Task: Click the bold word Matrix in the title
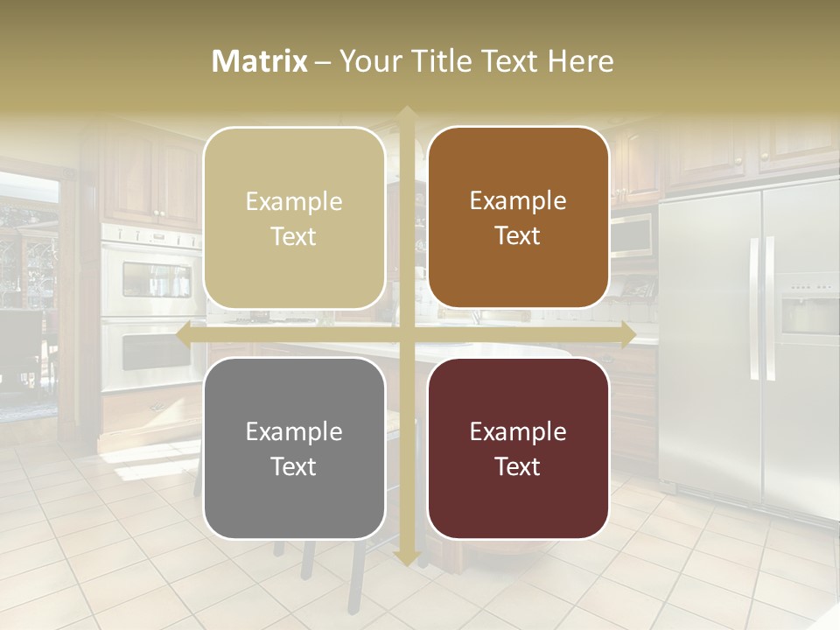coord(260,61)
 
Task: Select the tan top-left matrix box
coord(294,218)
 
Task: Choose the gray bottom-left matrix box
coord(294,448)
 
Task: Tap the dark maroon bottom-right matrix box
coord(518,448)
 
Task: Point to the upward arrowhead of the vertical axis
coord(406,113)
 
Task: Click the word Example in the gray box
coord(294,431)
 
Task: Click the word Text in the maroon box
coord(518,466)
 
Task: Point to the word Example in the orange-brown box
coord(518,200)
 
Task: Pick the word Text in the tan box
coord(294,236)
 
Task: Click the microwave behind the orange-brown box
coord(632,234)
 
